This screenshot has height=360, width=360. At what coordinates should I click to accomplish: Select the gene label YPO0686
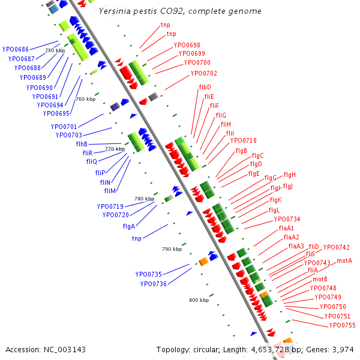(16, 49)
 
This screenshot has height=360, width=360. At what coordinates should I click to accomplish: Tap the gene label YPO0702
(203, 74)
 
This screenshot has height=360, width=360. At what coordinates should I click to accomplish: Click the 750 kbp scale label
(55, 51)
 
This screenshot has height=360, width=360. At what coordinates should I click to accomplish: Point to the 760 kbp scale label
(85, 99)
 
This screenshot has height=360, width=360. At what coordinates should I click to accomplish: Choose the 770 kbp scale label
(115, 149)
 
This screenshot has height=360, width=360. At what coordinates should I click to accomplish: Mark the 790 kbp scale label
(172, 248)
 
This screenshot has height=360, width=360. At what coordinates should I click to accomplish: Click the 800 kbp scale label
(199, 300)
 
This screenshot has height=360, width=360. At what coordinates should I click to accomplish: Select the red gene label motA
(344, 261)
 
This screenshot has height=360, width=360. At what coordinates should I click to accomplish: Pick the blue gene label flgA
(128, 226)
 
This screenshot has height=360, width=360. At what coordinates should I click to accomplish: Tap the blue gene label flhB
(82, 144)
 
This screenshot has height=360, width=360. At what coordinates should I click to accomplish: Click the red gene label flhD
(205, 88)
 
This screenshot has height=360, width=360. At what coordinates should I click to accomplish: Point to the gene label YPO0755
(342, 325)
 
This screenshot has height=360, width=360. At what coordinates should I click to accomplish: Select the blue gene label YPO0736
(153, 284)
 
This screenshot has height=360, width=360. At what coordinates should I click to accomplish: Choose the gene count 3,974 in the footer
(343, 349)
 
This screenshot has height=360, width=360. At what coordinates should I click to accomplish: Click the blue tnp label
(137, 238)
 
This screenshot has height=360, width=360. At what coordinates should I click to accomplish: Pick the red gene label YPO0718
(243, 141)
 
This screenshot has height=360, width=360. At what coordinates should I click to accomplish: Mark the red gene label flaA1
(286, 228)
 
